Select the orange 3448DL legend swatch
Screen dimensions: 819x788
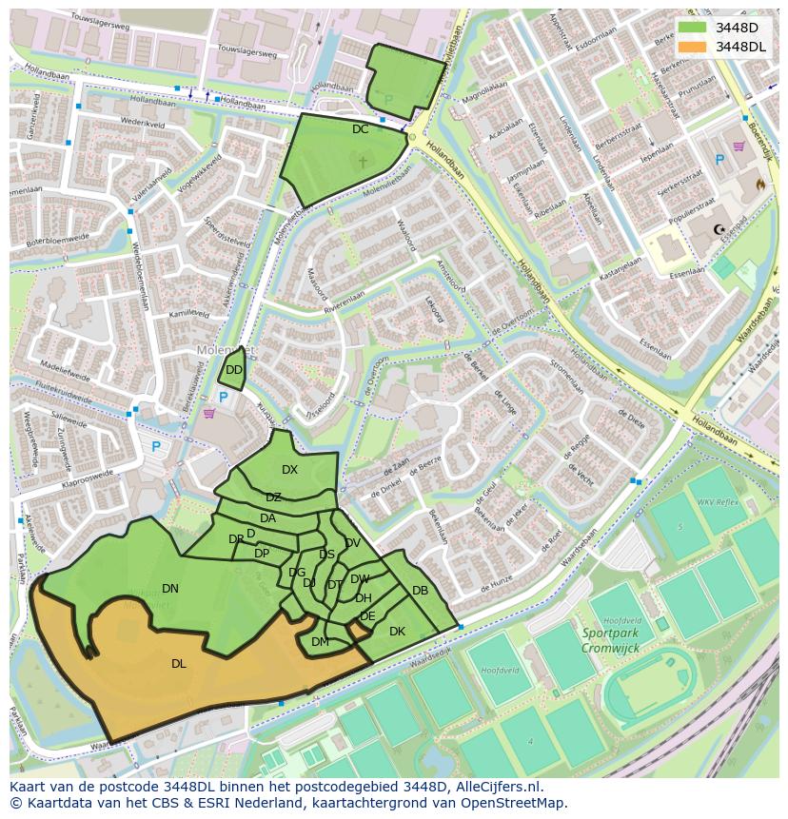point(692,47)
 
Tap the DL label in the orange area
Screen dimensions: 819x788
point(179,663)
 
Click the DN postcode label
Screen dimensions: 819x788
point(170,589)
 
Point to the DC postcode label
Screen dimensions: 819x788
point(360,129)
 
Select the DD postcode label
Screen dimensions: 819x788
point(234,370)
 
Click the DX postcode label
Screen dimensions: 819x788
point(290,470)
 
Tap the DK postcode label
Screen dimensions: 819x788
point(397,632)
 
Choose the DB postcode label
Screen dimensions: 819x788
point(420,591)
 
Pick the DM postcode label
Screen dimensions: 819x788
point(320,642)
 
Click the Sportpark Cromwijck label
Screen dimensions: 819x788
point(610,640)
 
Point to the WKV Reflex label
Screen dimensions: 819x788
point(718,501)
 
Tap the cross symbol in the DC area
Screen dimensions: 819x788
point(362,163)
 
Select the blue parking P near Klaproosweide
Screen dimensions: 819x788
point(157,446)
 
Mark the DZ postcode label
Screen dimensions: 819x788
point(273,497)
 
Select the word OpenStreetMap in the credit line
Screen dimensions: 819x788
point(514,803)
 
